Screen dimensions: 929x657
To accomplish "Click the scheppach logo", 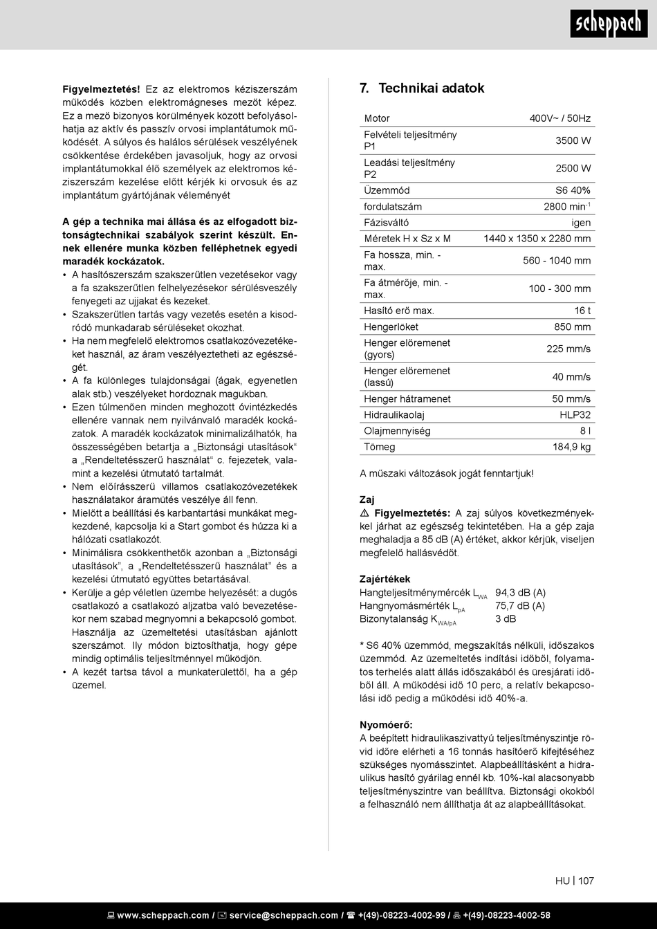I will [x=609, y=24].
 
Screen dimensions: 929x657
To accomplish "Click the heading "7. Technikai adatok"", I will [x=422, y=88].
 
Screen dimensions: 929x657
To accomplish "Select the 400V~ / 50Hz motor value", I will [x=559, y=118].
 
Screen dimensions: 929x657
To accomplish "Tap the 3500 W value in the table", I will [x=573, y=140].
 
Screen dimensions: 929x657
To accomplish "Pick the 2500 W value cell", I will [x=573, y=168].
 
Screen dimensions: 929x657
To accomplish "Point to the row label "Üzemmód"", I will [x=387, y=190].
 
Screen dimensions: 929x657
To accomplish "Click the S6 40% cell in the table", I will [x=573, y=190].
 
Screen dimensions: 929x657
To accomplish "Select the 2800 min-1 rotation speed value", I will [x=566, y=207].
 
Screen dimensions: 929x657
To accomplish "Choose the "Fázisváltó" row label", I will [x=386, y=223].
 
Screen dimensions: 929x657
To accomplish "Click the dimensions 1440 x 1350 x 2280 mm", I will [x=537, y=239].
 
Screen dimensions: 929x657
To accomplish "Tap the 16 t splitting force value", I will [x=582, y=311].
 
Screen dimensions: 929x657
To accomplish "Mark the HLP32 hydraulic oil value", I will [x=575, y=415].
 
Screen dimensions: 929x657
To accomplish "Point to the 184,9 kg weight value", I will [x=571, y=447].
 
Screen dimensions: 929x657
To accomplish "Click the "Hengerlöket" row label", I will [x=391, y=326].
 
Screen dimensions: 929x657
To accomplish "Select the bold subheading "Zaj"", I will [x=367, y=499].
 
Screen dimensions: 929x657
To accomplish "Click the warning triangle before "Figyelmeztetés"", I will [x=364, y=513].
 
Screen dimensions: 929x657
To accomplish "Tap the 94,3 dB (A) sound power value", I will [x=520, y=593].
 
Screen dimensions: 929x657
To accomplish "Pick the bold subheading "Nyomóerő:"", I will [x=386, y=725].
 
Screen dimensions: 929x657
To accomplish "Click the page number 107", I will [x=586, y=881].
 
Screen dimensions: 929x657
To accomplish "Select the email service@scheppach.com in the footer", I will [x=284, y=915].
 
